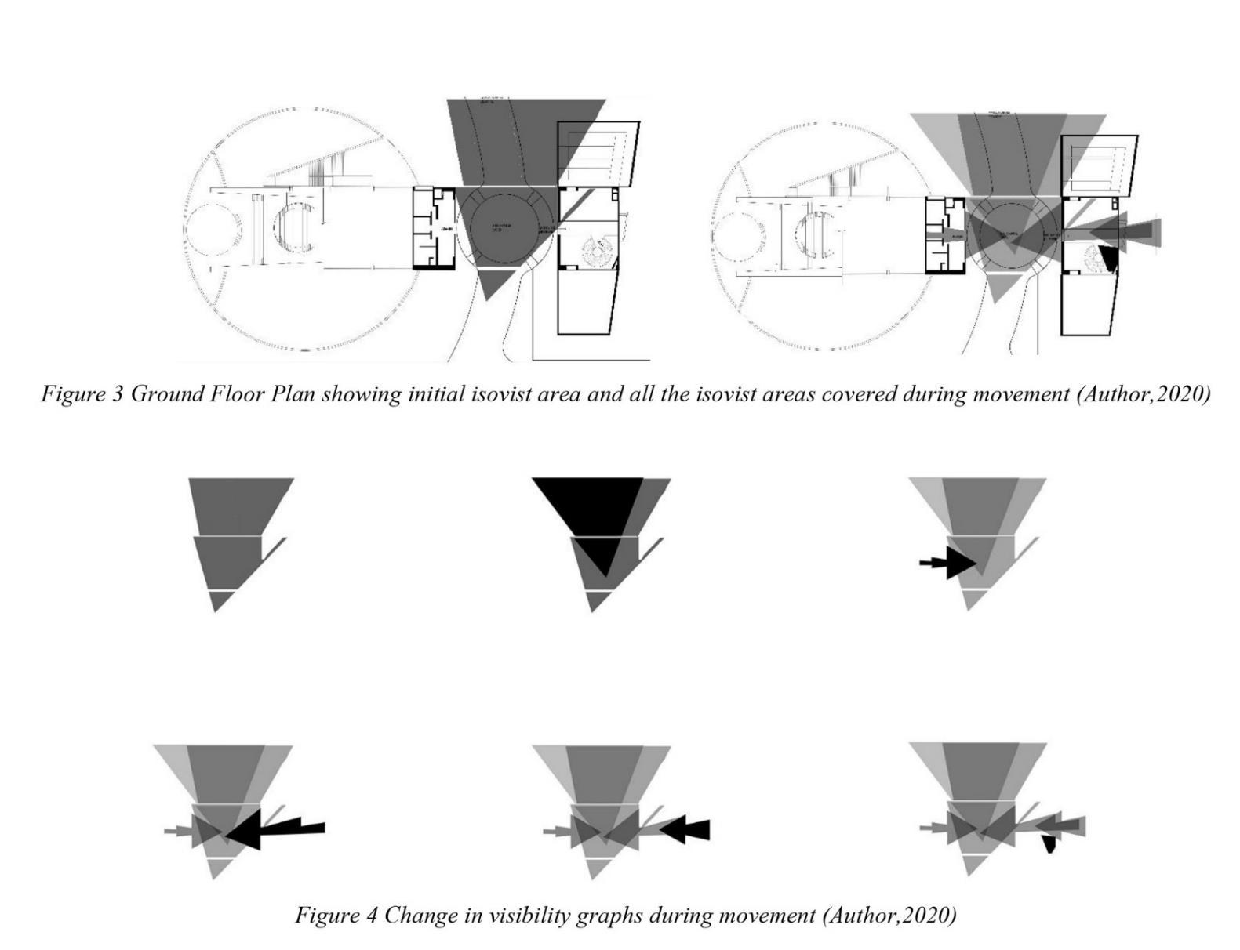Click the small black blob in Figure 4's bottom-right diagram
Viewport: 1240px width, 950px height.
1049,844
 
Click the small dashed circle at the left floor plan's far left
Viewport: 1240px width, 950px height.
213,229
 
